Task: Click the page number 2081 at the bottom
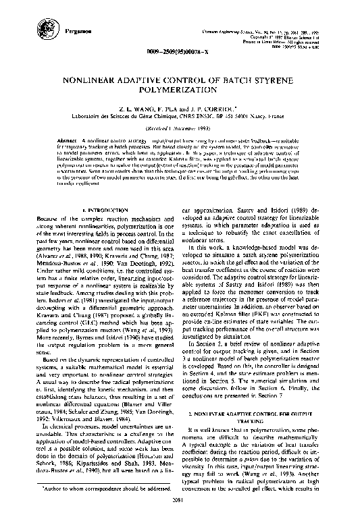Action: (180, 518)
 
